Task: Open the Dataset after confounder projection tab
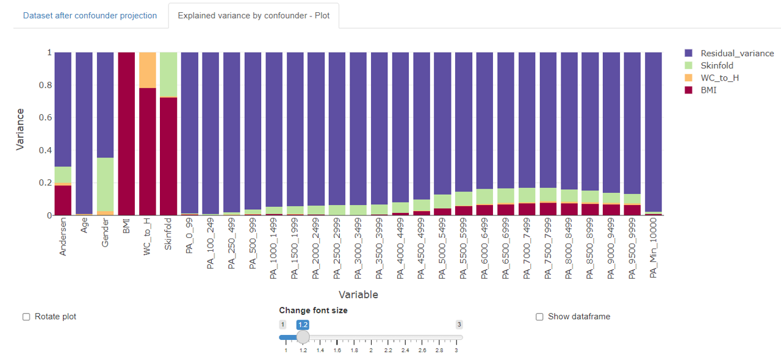(90, 15)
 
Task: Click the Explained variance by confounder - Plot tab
(253, 15)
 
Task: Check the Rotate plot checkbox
(26, 317)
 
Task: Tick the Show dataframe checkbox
(539, 317)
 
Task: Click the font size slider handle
(303, 337)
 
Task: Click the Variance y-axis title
(20, 129)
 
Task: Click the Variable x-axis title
(358, 295)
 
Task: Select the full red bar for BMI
(126, 134)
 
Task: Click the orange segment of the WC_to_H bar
(148, 70)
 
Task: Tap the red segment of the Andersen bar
(63, 200)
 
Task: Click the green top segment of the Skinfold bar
(168, 74)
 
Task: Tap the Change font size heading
(313, 311)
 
